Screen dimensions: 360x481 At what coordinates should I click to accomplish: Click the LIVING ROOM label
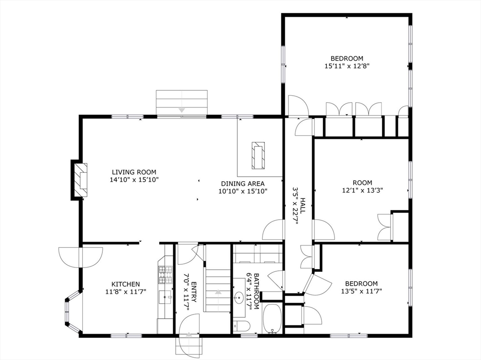pos(133,172)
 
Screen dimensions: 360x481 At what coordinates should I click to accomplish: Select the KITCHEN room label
pos(125,284)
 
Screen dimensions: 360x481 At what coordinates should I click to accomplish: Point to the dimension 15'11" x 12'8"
pos(347,66)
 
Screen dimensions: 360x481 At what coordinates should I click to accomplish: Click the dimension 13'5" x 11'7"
pos(361,291)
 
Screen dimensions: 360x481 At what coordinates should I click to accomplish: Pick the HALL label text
pos(303,207)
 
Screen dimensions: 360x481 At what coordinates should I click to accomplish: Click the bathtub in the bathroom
pos(272,319)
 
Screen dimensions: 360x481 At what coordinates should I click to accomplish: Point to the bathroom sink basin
pos(240,297)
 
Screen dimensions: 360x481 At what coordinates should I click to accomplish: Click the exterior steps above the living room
pos(181,102)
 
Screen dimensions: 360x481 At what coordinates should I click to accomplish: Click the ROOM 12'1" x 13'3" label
pos(362,186)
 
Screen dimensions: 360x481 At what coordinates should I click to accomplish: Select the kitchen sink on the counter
pos(166,297)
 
